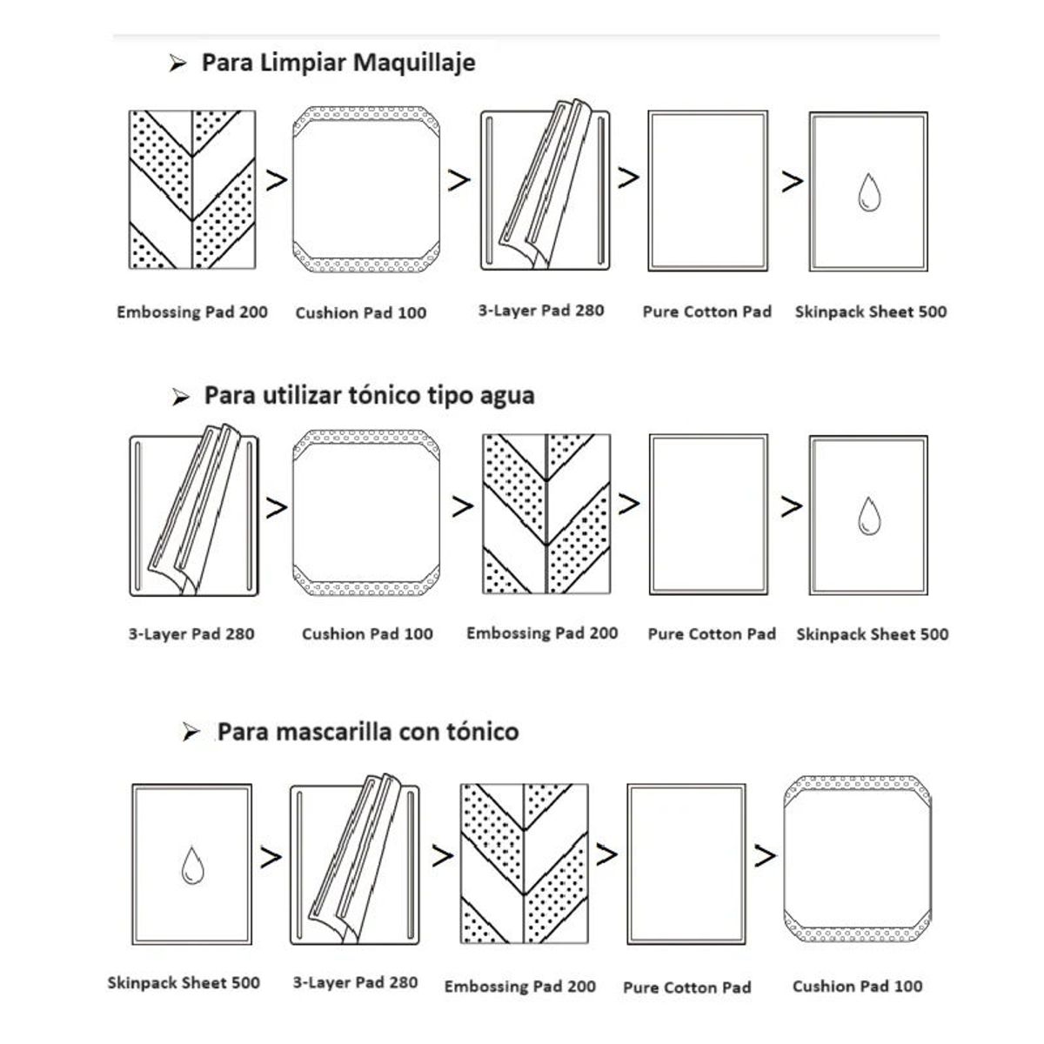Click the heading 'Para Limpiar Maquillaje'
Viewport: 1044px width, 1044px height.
pyautogui.click(x=338, y=63)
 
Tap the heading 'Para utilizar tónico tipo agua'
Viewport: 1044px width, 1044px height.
pyautogui.click(x=369, y=396)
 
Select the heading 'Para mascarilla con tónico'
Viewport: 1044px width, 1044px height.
pyautogui.click(x=368, y=732)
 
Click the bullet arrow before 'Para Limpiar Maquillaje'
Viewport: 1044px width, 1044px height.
pyautogui.click(x=177, y=64)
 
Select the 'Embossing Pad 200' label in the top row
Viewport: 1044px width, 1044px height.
pyautogui.click(x=192, y=312)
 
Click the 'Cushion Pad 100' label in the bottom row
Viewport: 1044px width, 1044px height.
pyautogui.click(x=858, y=986)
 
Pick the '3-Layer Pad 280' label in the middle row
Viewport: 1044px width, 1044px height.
pyautogui.click(x=191, y=634)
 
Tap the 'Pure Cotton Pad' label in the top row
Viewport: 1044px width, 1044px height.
pyautogui.click(x=707, y=311)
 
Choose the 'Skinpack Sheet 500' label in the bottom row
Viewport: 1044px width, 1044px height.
pyautogui.click(x=184, y=983)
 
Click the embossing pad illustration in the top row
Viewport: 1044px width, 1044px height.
pyautogui.click(x=192, y=190)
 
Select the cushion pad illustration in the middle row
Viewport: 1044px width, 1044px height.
pyautogui.click(x=366, y=512)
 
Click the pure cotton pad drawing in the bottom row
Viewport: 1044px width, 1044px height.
pyautogui.click(x=686, y=864)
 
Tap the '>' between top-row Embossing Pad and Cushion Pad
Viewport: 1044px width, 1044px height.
pyautogui.click(x=277, y=180)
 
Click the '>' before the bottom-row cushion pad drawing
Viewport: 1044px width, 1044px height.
pyautogui.click(x=765, y=855)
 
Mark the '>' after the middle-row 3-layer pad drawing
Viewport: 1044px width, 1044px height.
pyautogui.click(x=277, y=507)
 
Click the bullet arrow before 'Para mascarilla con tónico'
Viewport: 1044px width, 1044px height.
pyautogui.click(x=191, y=733)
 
